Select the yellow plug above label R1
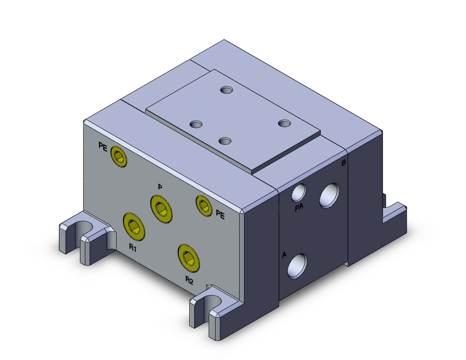pos(134,226)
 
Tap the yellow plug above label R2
pos(189,258)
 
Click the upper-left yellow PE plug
pos(119,156)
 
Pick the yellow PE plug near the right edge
pos(204,205)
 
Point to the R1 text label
pos(133,248)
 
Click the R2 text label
pos(189,280)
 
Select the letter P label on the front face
pos(160,187)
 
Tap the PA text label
pos(299,208)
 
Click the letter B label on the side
pos(344,163)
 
